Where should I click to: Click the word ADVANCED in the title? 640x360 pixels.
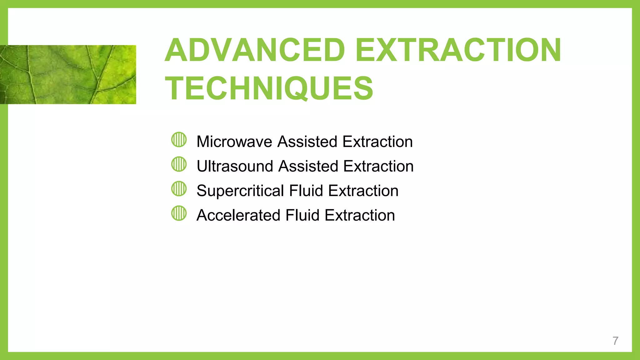[255, 50]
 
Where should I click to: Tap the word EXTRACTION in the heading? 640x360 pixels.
[458, 50]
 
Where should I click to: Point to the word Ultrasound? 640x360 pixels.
[235, 166]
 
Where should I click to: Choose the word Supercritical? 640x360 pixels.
[240, 191]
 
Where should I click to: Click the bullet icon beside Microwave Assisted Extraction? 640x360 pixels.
[179, 140]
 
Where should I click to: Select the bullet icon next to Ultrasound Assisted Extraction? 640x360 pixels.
[179, 164]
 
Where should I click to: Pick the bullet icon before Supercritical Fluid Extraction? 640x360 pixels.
[179, 189]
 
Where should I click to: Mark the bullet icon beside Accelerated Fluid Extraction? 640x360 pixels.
[179, 213]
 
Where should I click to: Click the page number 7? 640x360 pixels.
[615, 341]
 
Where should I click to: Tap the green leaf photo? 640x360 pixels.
[68, 74]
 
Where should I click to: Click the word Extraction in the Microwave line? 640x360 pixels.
[377, 142]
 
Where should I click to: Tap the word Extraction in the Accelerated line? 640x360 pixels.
[360, 215]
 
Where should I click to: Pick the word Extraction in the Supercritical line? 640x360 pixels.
[363, 191]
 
